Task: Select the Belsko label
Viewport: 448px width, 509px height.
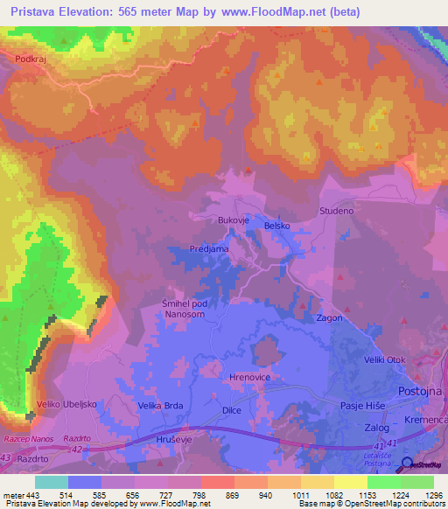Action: pyautogui.click(x=276, y=224)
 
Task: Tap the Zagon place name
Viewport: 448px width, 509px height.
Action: pyautogui.click(x=329, y=318)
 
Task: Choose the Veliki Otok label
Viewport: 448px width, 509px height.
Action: pyautogui.click(x=386, y=360)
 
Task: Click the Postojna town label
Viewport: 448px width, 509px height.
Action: pyautogui.click(x=422, y=391)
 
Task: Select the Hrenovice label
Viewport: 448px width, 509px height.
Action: pyautogui.click(x=248, y=376)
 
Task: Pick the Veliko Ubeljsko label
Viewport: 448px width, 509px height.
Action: pyautogui.click(x=66, y=404)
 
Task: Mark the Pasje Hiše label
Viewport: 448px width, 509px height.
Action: pyautogui.click(x=362, y=407)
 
